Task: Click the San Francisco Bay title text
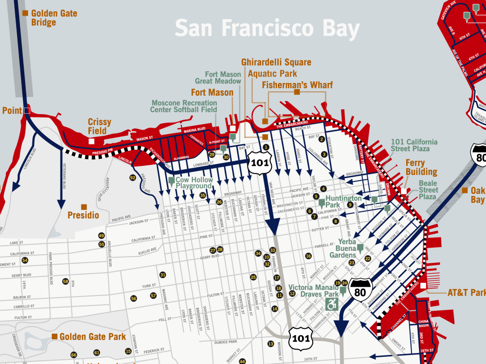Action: point(267,28)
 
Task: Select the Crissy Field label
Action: point(99,126)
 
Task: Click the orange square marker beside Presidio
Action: point(84,207)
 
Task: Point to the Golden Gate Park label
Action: point(92,337)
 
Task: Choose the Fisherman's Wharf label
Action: point(297,85)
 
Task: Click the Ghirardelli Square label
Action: point(276,62)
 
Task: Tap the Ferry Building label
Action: point(421,167)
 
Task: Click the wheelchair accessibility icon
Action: point(332,304)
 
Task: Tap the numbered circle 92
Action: point(133,178)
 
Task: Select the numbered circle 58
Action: point(66,281)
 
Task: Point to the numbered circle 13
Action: point(270,344)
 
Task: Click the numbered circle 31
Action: point(162,275)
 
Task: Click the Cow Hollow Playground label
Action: point(194,183)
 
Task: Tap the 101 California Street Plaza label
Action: point(413,145)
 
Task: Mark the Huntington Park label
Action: point(344,201)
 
